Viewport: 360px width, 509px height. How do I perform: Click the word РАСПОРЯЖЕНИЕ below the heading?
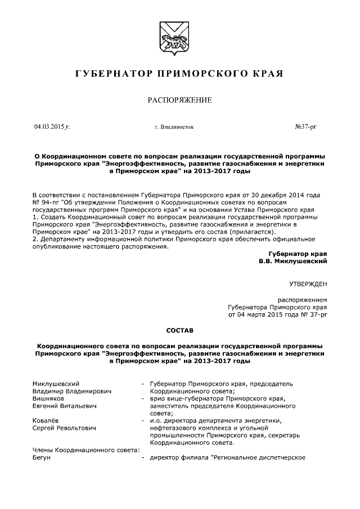pos(179,101)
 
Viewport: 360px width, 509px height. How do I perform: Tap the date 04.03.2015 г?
pos(52,127)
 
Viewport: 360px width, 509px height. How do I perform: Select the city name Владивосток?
pos(174,128)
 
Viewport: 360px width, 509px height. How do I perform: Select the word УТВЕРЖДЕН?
pos(308,285)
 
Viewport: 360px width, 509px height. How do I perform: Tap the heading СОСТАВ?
pos(179,331)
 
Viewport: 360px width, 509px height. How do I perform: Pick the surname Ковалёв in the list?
pos(47,420)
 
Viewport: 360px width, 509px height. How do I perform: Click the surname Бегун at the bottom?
pos(42,457)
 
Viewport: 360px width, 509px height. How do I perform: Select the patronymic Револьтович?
pos(76,427)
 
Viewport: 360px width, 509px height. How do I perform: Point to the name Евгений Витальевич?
pos(65,405)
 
